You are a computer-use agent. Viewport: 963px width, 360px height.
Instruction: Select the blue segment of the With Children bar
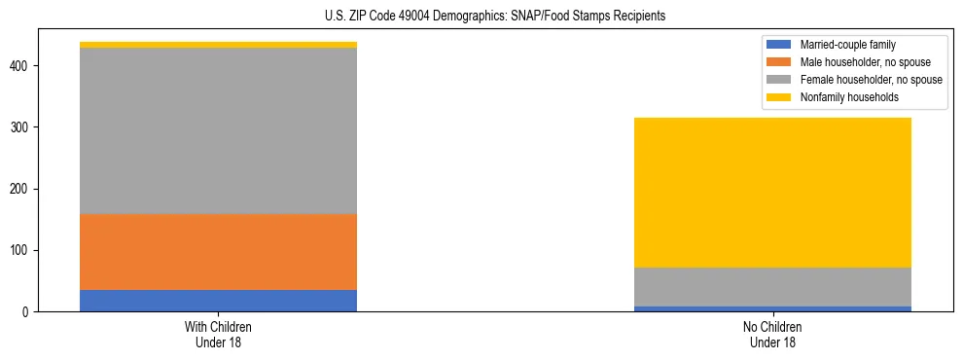point(218,301)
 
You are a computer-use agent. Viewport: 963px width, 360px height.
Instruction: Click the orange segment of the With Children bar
point(218,252)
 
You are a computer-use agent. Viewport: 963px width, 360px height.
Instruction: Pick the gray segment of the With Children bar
point(218,130)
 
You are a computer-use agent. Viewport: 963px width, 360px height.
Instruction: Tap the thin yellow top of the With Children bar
point(218,45)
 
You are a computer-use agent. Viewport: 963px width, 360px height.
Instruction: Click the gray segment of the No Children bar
point(772,287)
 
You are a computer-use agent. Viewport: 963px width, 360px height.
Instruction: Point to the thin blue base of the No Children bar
point(772,308)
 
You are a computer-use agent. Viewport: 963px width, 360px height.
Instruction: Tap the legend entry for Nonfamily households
point(843,97)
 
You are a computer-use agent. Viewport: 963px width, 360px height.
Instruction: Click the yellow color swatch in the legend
point(779,97)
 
